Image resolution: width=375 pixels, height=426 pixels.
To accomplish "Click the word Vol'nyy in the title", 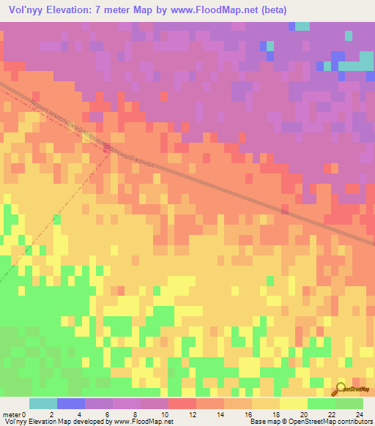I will tap(25, 10).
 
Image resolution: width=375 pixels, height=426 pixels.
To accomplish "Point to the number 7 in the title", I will tap(103, 10).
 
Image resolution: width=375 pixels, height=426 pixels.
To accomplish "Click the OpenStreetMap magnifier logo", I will tap(342, 390).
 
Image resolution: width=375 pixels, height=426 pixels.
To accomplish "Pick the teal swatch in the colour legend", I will tap(42, 403).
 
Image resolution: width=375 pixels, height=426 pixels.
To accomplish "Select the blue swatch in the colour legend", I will tap(70, 403).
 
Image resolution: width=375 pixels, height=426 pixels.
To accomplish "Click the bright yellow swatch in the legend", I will tap(293, 403).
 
